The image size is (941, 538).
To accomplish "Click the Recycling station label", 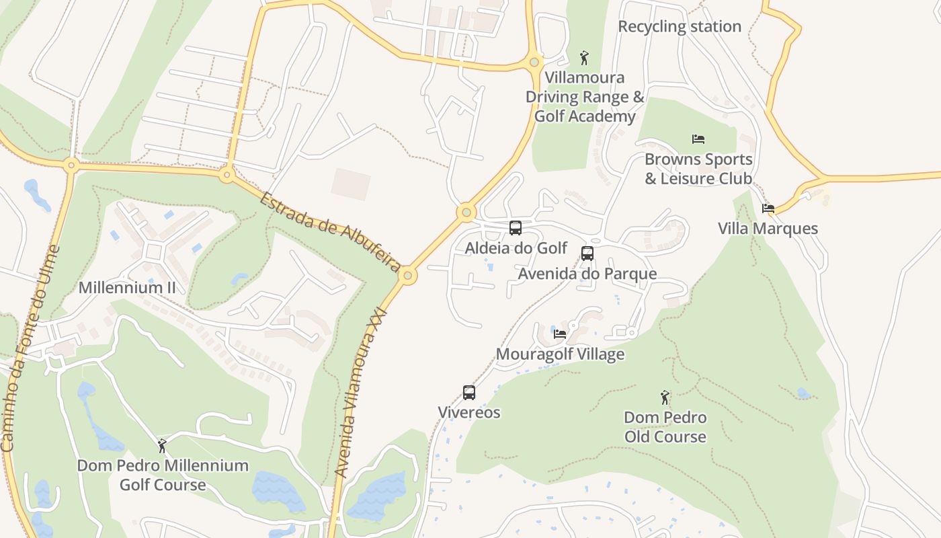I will [x=680, y=27].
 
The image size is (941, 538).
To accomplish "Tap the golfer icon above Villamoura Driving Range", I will [x=584, y=58].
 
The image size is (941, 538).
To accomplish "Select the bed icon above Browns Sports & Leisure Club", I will [x=698, y=139].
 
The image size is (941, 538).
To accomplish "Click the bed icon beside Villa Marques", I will [x=768, y=208].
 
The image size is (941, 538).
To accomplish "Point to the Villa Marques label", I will [x=768, y=229].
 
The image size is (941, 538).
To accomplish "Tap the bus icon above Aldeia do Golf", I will [x=516, y=228].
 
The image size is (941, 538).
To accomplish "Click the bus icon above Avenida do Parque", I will [x=587, y=254].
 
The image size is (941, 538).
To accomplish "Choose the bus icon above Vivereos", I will [x=469, y=393].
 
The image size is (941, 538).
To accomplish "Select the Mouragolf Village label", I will [x=560, y=354].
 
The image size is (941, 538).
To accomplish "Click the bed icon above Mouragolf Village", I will [x=560, y=334].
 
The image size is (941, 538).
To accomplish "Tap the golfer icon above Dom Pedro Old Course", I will [x=665, y=397].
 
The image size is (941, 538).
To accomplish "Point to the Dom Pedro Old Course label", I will [x=665, y=427].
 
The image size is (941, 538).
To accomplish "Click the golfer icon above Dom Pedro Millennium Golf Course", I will [x=162, y=445].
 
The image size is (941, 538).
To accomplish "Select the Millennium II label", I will [x=127, y=288].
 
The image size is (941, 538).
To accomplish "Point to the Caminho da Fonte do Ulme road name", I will [x=30, y=348].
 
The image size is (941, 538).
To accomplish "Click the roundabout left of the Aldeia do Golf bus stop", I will [x=466, y=213].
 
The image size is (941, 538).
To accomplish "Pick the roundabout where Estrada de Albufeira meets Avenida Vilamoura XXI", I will [x=409, y=275].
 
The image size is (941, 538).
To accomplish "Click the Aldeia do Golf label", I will [x=516, y=248].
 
